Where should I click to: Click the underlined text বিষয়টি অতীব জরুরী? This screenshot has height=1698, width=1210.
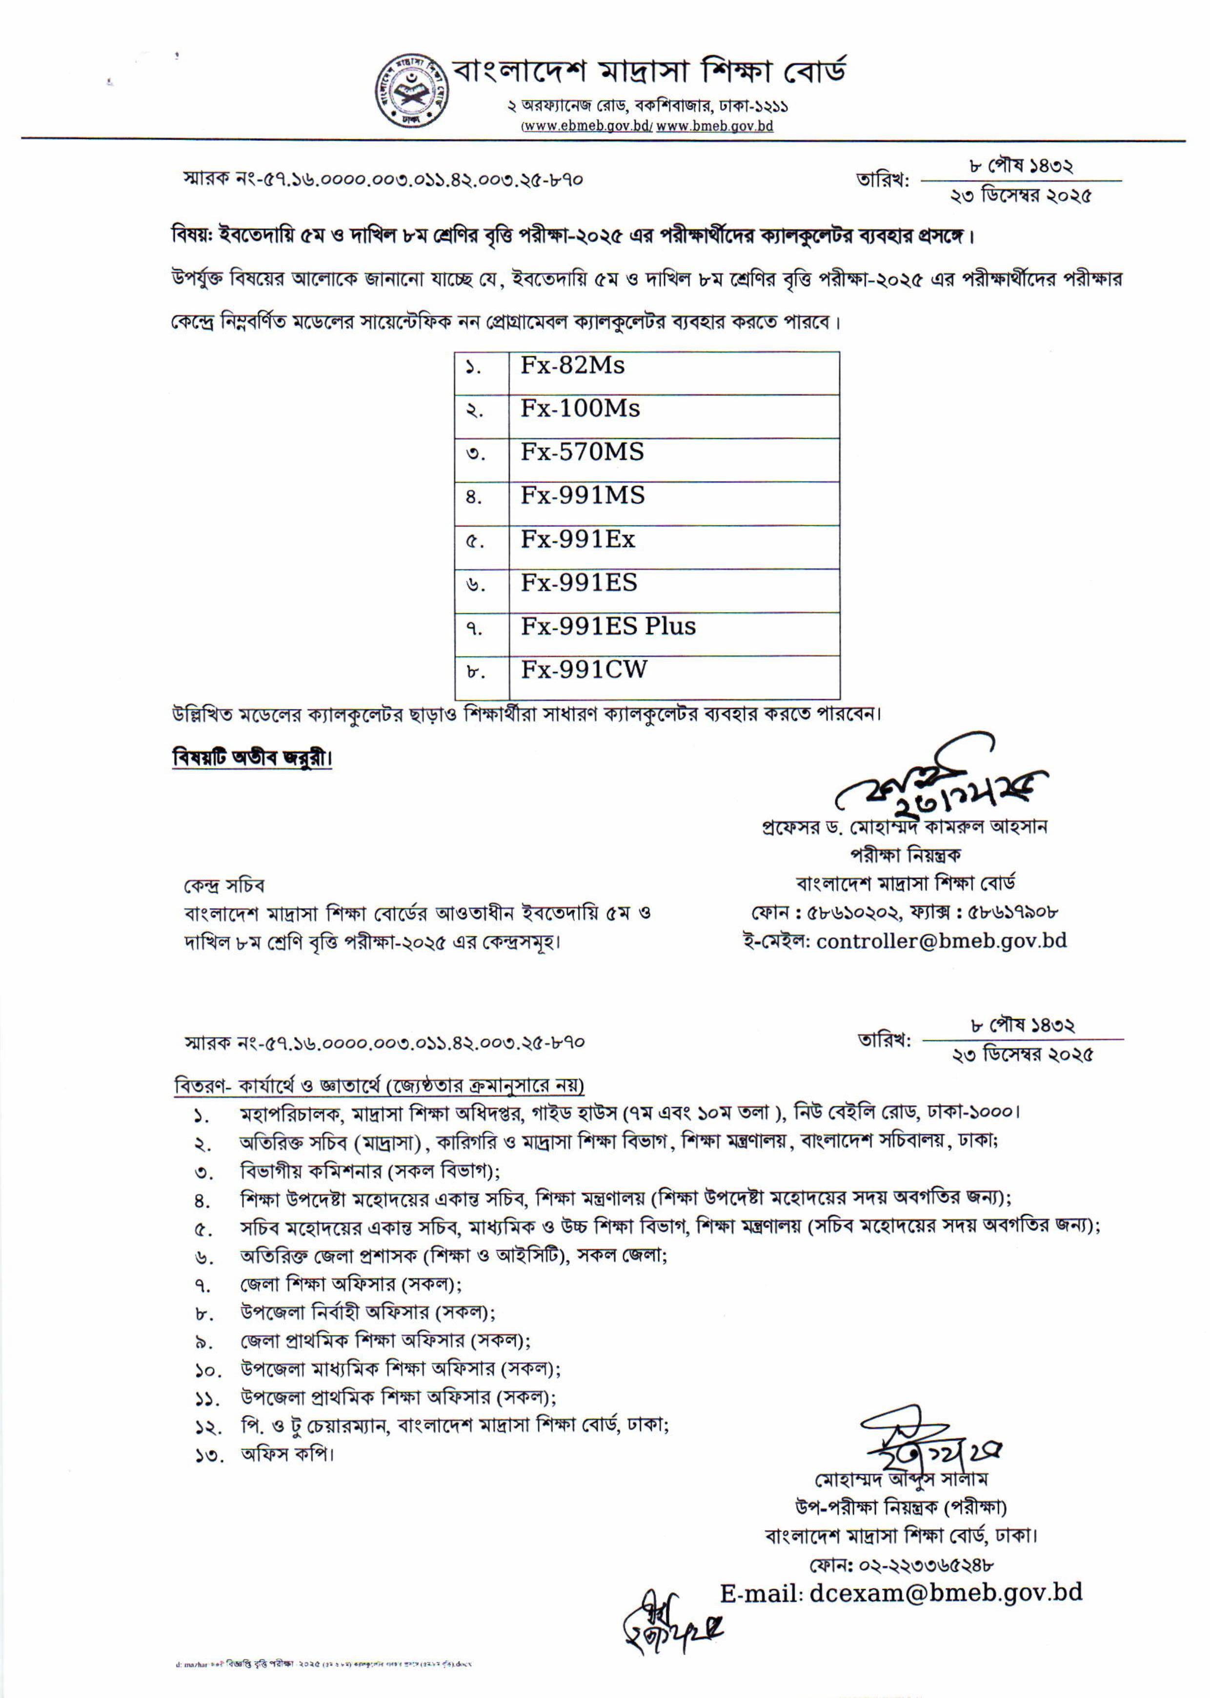(252, 758)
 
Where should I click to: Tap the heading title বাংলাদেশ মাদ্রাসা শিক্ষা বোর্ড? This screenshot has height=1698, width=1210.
(650, 72)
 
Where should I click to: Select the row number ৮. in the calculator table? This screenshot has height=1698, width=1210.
(475, 672)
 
